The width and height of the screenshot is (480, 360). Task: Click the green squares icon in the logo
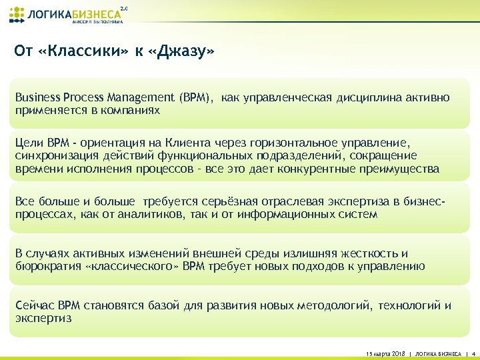click(x=18, y=14)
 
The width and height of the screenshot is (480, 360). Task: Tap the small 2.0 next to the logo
click(x=123, y=8)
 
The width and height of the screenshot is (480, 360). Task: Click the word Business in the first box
click(x=37, y=98)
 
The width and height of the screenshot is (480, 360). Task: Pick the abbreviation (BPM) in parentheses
click(x=196, y=98)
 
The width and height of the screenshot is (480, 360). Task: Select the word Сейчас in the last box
click(x=35, y=305)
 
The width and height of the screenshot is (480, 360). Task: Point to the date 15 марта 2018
click(x=387, y=353)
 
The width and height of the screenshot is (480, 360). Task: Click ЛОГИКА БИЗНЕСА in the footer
click(x=438, y=353)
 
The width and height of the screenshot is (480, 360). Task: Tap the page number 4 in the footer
click(x=472, y=353)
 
